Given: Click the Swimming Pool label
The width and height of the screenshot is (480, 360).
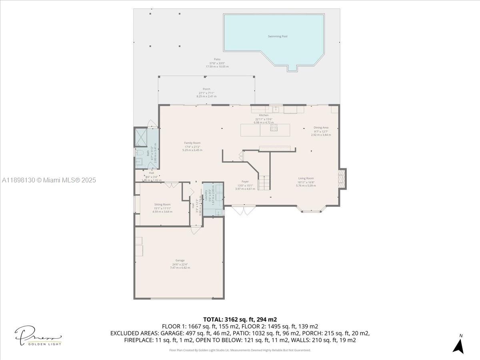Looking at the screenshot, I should click(x=278, y=36).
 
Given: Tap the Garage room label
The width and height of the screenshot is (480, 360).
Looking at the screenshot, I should click(x=180, y=260).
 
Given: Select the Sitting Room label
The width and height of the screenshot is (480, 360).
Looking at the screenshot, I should click(x=162, y=204).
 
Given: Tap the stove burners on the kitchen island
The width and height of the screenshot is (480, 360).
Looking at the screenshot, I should click(x=274, y=128).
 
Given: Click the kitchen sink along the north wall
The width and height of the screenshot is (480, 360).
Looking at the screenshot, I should click(x=276, y=108).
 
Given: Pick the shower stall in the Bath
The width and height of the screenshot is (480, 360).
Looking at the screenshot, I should click(x=141, y=137).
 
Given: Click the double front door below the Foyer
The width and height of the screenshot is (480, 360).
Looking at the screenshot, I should click(x=243, y=210).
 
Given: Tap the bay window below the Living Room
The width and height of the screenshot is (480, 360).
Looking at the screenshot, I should click(x=311, y=209).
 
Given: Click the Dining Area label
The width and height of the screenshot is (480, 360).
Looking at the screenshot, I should click(x=321, y=128).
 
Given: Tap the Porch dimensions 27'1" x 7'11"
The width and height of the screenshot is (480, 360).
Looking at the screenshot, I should click(x=206, y=93).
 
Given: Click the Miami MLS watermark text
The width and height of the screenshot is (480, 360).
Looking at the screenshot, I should click(x=49, y=180).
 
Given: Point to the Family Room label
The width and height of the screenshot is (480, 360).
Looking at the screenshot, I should click(x=192, y=143).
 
